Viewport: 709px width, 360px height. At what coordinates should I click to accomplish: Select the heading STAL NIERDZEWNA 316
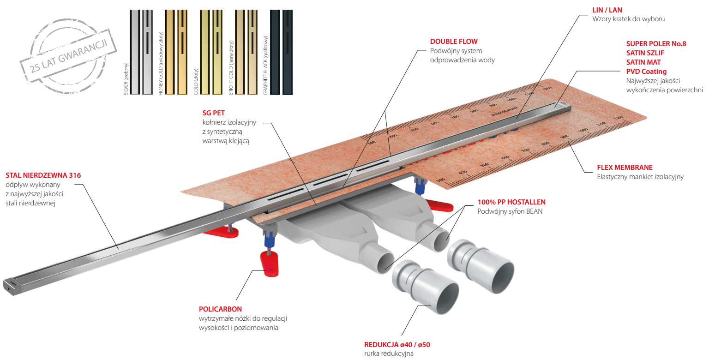43,175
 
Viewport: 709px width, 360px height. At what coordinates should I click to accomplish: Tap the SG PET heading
213,113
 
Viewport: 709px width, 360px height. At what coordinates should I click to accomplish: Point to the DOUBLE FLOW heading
453,42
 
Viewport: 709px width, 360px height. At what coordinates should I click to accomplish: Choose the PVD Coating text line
646,72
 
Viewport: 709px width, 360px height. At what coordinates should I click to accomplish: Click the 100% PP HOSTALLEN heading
511,202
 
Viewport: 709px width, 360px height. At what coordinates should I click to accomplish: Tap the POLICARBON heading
220,309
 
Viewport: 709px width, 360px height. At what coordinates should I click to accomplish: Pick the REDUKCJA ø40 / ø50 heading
397,345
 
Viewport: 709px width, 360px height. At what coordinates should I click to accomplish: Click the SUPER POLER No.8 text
656,44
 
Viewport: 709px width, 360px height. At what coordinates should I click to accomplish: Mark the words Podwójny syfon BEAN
510,211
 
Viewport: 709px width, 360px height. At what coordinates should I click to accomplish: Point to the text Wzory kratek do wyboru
628,19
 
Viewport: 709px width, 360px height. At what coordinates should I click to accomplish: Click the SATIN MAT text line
643,62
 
